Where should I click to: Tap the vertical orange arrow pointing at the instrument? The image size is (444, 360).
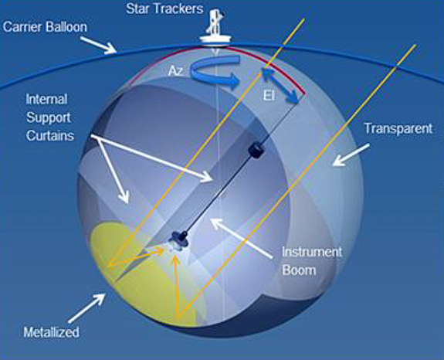[x=179, y=283]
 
